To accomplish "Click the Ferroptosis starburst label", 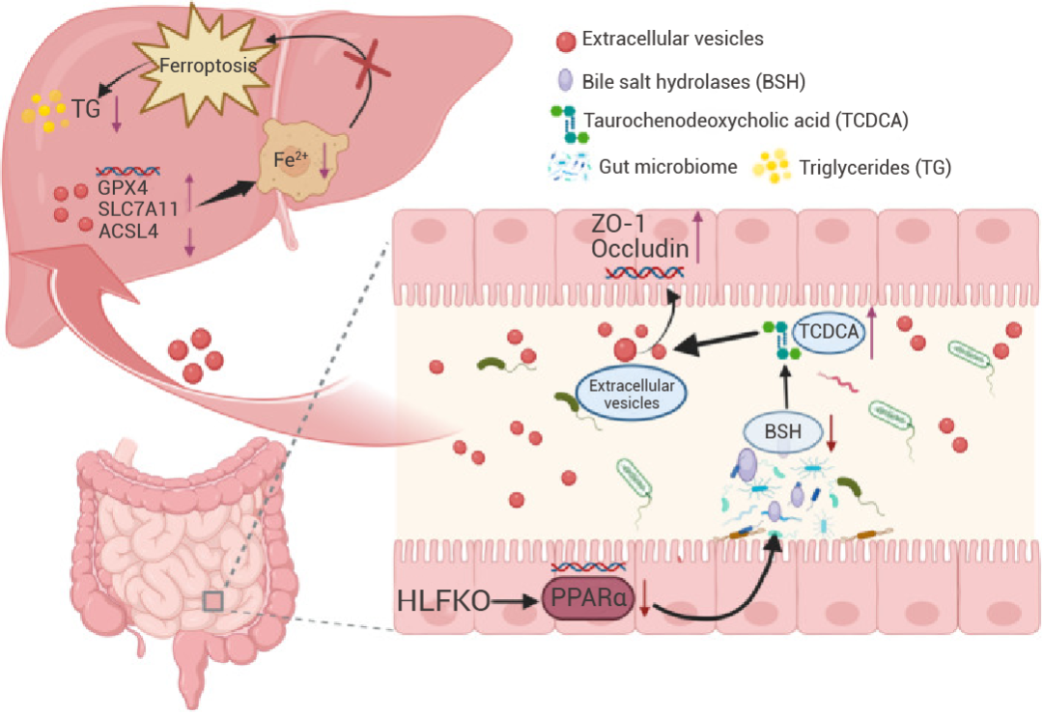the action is point(209,66).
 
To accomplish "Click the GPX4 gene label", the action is point(123,187).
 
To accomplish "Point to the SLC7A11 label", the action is point(138,209).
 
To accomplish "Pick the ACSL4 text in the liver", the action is point(128,232).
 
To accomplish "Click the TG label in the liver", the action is point(86,108).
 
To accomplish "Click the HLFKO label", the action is point(443,601).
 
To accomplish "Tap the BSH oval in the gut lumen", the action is point(783,432).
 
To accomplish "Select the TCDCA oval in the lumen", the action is point(829,331).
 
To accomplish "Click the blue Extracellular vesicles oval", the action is point(632,394).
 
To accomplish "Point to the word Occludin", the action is point(640,249).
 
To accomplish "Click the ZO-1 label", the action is point(618,224).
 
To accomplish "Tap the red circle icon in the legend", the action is point(565,41).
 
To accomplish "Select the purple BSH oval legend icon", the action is point(565,80).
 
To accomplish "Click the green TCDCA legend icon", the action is point(570,124).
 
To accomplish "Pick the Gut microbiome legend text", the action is point(668,166).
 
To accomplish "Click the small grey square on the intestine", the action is point(212,601).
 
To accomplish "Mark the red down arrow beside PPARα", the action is point(644,598).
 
